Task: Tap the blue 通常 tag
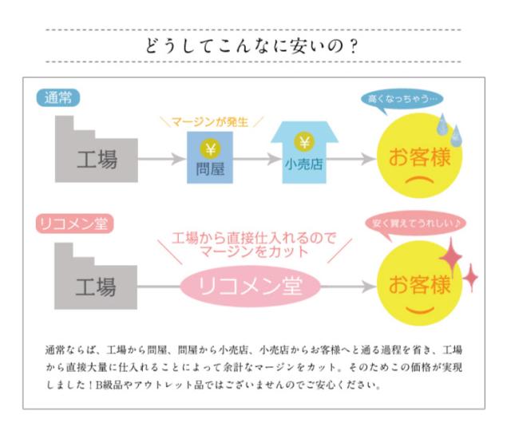click(57, 98)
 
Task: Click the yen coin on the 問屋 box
click(209, 147)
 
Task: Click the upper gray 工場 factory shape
click(92, 152)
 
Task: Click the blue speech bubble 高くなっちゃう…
click(403, 99)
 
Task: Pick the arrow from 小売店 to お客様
click(355, 159)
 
